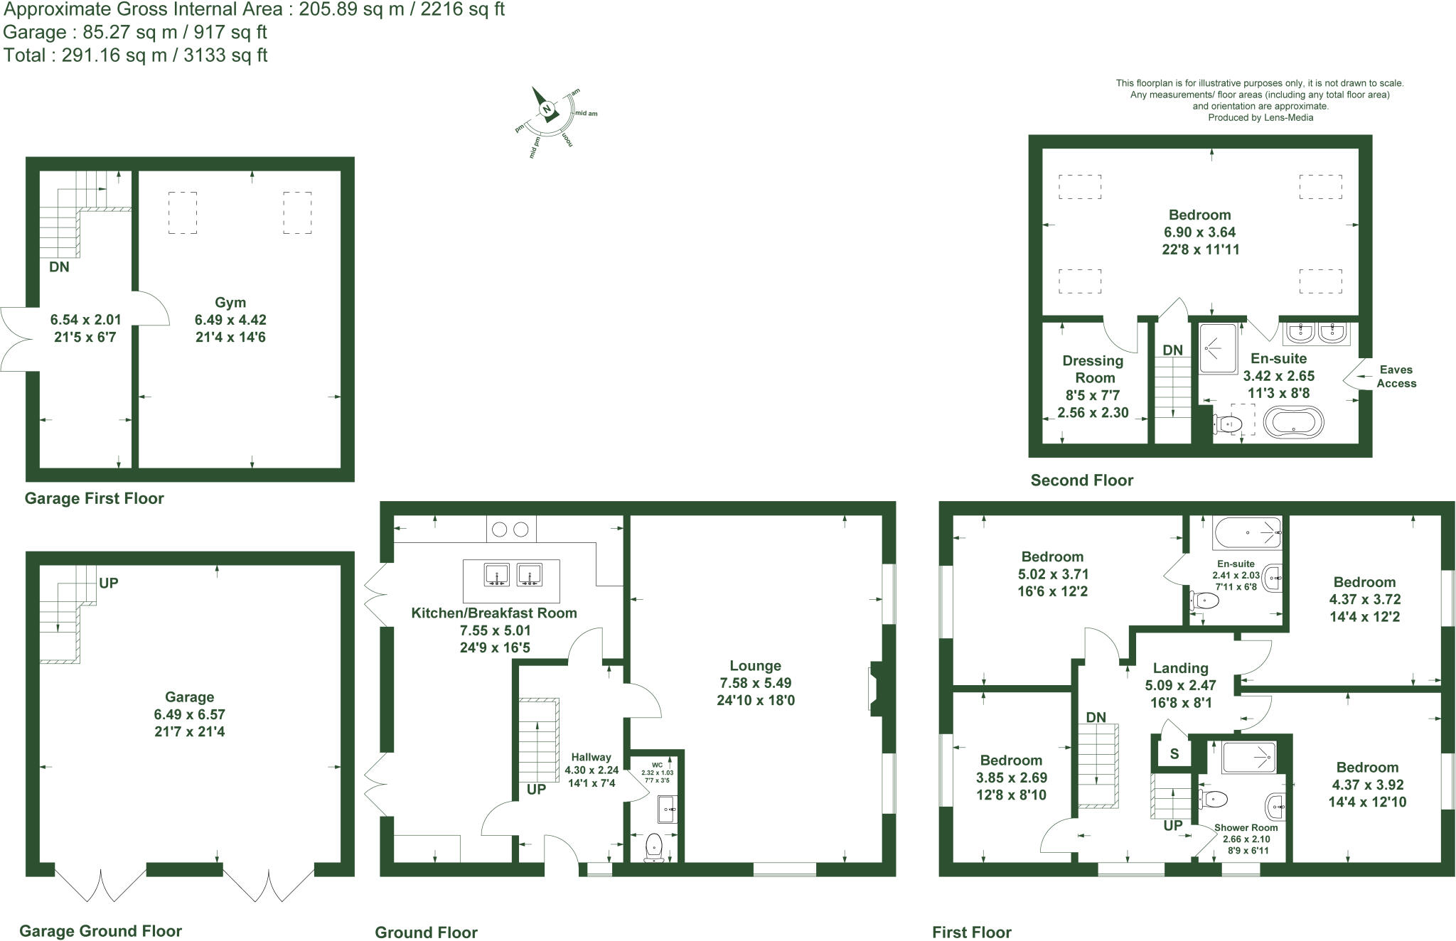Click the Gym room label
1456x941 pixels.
point(230,303)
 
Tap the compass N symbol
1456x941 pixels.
point(547,109)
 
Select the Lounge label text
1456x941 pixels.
point(755,666)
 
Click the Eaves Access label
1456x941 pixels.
point(1396,377)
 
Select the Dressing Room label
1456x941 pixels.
point(1093,369)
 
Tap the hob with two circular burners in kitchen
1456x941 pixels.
point(511,529)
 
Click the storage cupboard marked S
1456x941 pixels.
point(1174,754)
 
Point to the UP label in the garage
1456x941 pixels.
point(108,583)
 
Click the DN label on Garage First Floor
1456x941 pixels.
point(59,267)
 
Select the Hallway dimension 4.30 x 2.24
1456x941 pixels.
point(591,770)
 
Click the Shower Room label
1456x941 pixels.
point(1246,827)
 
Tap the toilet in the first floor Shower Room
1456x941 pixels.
point(1214,800)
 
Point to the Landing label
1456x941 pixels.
point(1180,668)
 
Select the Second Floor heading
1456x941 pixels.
point(1081,480)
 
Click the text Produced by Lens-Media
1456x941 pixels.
point(1260,118)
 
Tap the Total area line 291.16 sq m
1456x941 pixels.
point(135,55)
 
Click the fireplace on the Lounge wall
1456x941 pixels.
point(874,687)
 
